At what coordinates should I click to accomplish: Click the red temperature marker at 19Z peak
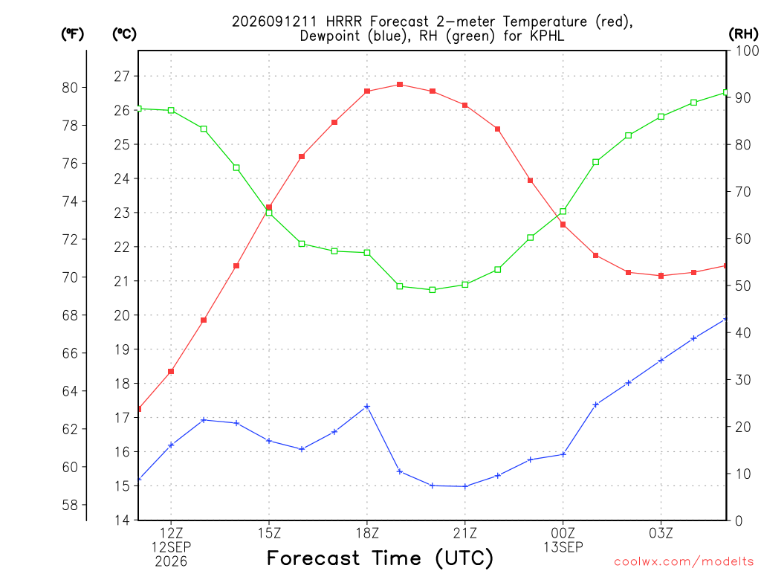[400, 85]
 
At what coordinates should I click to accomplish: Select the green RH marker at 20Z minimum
[433, 290]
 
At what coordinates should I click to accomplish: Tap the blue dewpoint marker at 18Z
[367, 407]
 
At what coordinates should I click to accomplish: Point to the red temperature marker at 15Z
[269, 207]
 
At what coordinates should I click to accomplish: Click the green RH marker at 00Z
[563, 211]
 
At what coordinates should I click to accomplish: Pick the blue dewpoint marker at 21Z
[465, 486]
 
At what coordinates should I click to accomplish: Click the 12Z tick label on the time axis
[171, 533]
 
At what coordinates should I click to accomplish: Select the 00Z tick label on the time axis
[563, 533]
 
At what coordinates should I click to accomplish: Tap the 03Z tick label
[661, 533]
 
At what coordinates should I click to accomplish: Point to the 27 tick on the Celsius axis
[122, 77]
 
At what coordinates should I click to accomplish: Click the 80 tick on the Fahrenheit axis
[70, 88]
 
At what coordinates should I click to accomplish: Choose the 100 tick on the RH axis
[748, 51]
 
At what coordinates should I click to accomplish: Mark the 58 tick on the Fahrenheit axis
[70, 505]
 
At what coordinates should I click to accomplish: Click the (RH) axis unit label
[743, 33]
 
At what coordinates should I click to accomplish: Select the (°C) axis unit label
[124, 33]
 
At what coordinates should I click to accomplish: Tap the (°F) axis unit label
[72, 33]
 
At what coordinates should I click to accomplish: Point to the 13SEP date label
[563, 547]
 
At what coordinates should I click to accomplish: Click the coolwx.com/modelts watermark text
[684, 561]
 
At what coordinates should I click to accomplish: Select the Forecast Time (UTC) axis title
[380, 558]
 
